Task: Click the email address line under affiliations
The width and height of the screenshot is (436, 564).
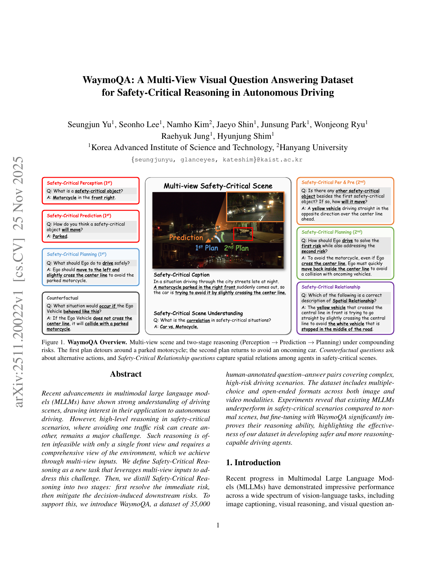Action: click(x=217, y=160)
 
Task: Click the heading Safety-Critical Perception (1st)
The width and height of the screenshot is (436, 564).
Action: click(x=79, y=183)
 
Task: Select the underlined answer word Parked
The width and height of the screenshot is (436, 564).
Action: click(x=60, y=236)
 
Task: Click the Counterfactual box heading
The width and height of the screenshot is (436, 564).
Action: click(x=63, y=298)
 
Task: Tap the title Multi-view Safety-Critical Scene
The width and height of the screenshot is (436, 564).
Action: click(x=218, y=186)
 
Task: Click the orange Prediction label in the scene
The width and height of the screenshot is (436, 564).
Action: click(x=186, y=238)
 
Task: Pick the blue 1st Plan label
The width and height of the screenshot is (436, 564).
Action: click(x=207, y=248)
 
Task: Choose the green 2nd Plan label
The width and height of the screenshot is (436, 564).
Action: click(x=236, y=248)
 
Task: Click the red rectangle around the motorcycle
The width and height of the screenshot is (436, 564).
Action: click(x=243, y=234)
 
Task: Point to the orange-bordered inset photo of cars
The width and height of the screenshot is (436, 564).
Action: click(x=255, y=207)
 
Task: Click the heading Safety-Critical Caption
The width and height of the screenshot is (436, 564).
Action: click(x=182, y=275)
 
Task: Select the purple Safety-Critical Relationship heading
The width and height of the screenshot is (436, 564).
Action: click(x=331, y=287)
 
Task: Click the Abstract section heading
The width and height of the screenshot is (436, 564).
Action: click(x=125, y=374)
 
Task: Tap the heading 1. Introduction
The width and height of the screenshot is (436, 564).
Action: click(x=253, y=462)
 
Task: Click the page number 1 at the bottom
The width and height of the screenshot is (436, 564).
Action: click(x=218, y=525)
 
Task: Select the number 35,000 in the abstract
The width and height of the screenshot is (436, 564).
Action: click(x=200, y=504)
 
